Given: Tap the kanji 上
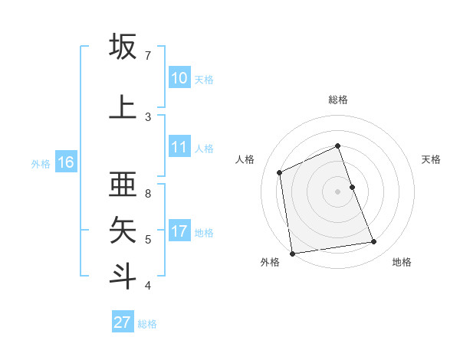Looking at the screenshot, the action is pos(123,106).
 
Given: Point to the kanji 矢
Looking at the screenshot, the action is pos(123,229).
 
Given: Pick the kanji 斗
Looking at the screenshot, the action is pos(123,275).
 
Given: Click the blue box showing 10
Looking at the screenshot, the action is pos(179,78).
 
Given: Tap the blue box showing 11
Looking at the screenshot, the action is pos(179,148).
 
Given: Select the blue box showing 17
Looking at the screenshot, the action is pos(179,232).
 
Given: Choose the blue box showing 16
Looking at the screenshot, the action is pos(65,162).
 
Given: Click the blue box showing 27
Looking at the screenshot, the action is pos(123,322).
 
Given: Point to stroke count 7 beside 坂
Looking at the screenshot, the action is pos(148,56).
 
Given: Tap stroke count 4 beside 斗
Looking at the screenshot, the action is pos(148,286).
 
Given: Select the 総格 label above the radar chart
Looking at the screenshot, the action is pos(338,100).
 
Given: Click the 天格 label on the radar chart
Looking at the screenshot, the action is pos(431,159).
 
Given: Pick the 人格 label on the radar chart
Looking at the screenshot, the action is pos(245,159).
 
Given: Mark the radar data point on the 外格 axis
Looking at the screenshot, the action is pos(292,253).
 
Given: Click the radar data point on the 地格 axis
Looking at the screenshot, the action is pos(374,242).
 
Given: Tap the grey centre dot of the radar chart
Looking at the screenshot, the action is pos(338,191).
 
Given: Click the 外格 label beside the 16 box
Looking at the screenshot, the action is pos(41,163).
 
